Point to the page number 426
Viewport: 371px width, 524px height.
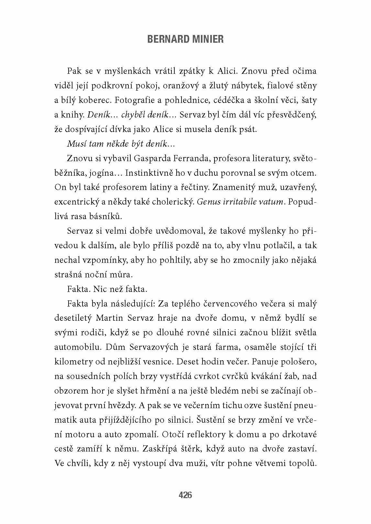point(185,495)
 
